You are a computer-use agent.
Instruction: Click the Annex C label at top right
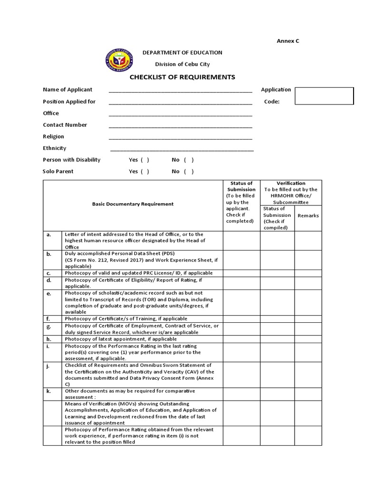click(x=288, y=41)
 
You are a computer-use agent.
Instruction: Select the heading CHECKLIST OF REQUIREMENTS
click(x=182, y=77)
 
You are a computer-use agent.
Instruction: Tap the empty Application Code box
click(x=324, y=96)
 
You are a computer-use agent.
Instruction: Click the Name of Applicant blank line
click(x=181, y=90)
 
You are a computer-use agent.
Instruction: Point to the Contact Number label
click(x=65, y=125)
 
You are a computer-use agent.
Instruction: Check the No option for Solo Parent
click(x=189, y=171)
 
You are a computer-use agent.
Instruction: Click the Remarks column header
click(x=308, y=215)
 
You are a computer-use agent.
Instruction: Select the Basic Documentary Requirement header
click(x=133, y=204)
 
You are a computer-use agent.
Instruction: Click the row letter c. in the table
click(x=48, y=273)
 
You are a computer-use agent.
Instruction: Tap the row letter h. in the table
click(x=48, y=339)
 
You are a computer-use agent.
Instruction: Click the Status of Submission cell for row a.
click(x=241, y=241)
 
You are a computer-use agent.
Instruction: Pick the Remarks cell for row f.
click(x=308, y=319)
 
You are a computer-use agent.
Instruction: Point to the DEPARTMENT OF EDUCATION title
click(x=182, y=53)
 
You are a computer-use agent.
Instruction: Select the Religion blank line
click(x=181, y=137)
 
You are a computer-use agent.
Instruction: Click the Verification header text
click(x=291, y=183)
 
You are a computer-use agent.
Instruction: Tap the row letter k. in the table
click(x=48, y=391)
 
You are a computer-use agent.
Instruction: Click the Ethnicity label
click(x=55, y=148)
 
